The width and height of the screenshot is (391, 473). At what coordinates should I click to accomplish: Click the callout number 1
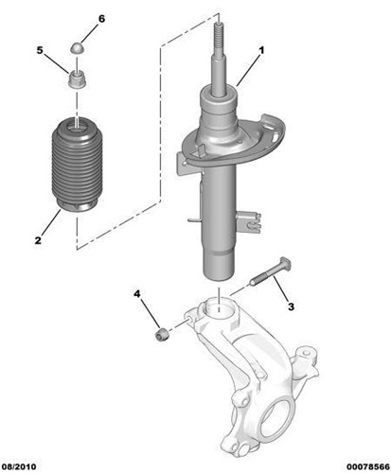(x=261, y=49)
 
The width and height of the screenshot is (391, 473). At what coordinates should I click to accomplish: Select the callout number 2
(x=39, y=241)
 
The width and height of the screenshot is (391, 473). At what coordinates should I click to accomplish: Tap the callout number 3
(x=292, y=306)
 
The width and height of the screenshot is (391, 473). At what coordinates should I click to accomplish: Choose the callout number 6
(x=102, y=19)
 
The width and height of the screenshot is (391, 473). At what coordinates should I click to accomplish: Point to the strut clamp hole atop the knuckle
(x=219, y=308)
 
